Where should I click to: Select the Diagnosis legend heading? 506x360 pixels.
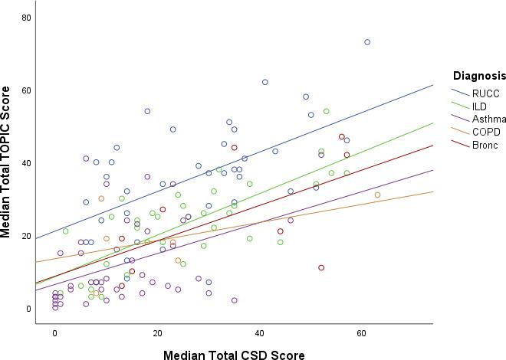[479, 76]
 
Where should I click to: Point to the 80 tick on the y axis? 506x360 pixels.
[26, 18]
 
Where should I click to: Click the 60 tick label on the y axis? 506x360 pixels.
[26, 90]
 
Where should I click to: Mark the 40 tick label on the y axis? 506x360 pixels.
[26, 163]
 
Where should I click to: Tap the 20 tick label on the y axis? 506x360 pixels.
[26, 236]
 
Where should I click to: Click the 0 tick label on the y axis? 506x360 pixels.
[28, 309]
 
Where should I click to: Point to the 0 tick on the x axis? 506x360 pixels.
[55, 335]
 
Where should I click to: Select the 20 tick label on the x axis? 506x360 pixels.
[157, 335]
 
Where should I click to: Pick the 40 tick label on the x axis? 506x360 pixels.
[260, 335]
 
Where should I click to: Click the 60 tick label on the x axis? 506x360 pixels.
[362, 335]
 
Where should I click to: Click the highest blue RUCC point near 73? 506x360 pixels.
[367, 42]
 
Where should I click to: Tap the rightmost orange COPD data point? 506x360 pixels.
[377, 195]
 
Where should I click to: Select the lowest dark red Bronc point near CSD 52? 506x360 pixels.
[321, 268]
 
